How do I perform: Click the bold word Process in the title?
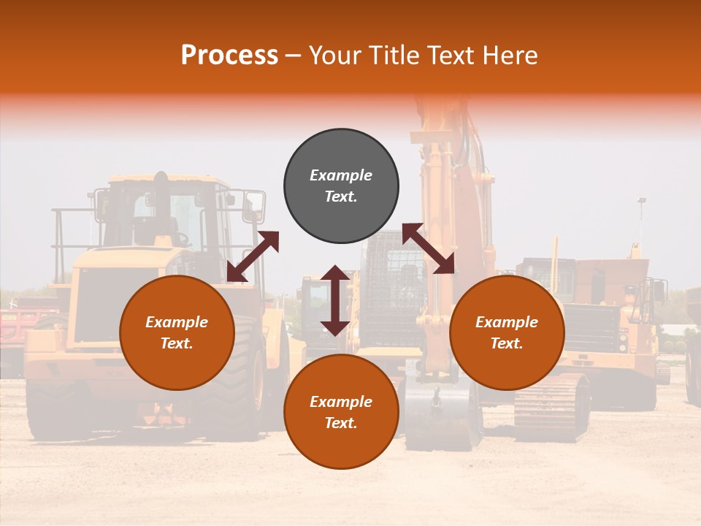tap(229, 55)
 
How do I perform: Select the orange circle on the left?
tap(177, 365)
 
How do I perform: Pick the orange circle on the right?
tap(507, 365)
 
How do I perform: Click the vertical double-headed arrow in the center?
tap(335, 300)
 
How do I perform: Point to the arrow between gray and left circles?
tap(253, 256)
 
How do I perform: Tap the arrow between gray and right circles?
tap(428, 248)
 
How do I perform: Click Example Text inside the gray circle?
tap(341, 186)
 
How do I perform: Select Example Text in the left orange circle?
tap(177, 332)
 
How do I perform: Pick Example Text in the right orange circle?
tap(507, 332)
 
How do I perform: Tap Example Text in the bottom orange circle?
tap(341, 412)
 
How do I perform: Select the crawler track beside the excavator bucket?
tap(551, 405)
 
